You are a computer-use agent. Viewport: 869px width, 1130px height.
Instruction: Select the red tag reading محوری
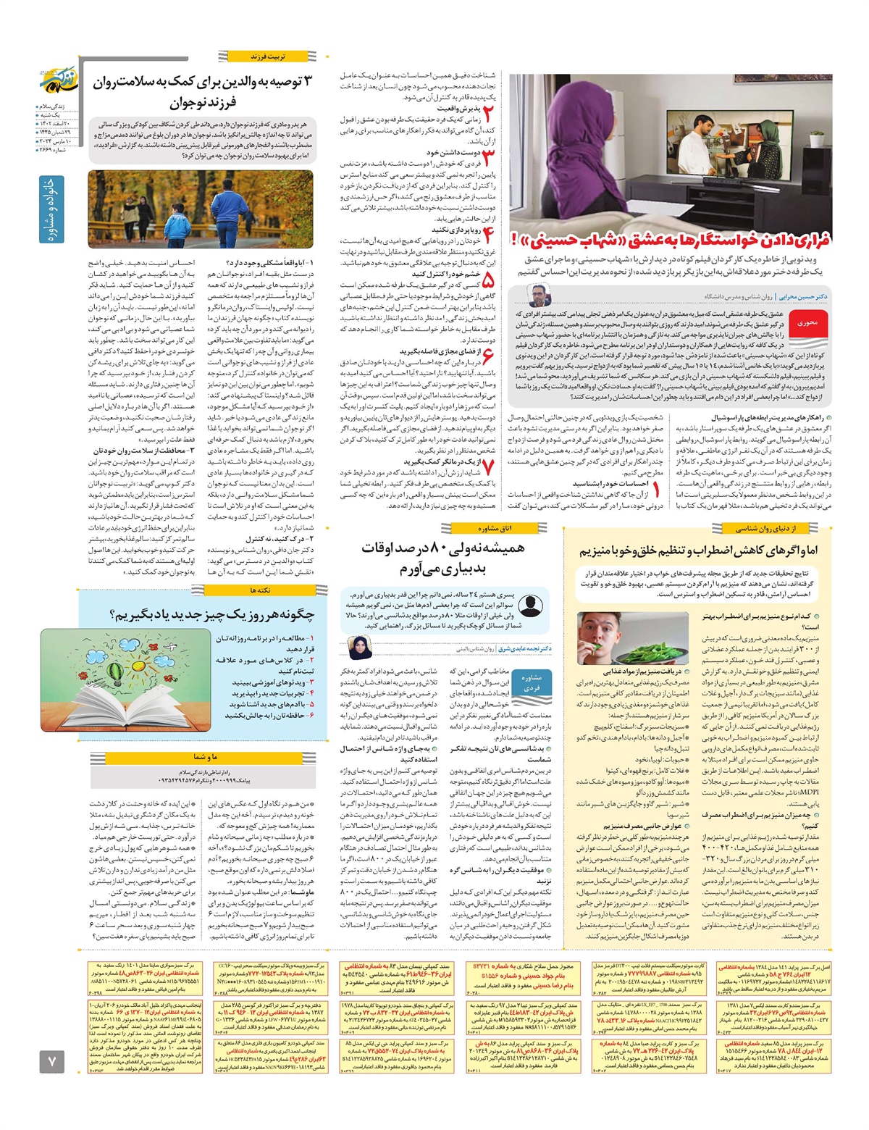point(807,323)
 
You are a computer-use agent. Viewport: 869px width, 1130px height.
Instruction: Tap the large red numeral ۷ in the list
point(487,467)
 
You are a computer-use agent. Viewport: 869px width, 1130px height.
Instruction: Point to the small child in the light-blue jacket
point(176,223)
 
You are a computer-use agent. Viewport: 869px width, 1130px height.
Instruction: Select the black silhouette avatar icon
point(530,606)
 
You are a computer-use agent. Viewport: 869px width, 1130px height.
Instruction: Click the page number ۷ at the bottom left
point(52,1062)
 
